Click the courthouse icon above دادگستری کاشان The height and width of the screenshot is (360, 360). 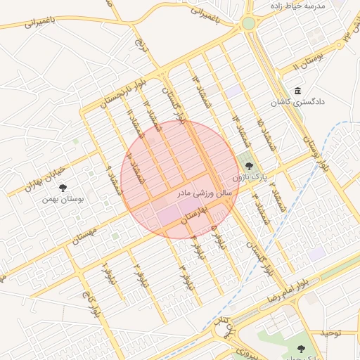tap(297, 91)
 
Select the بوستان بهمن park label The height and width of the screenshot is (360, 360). tap(63, 199)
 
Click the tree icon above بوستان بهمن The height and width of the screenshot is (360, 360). tap(63, 188)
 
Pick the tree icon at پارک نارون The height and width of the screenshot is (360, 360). tap(249, 167)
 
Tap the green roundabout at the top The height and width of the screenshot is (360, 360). tap(248, 23)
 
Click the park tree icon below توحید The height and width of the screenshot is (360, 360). tap(301, 349)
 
